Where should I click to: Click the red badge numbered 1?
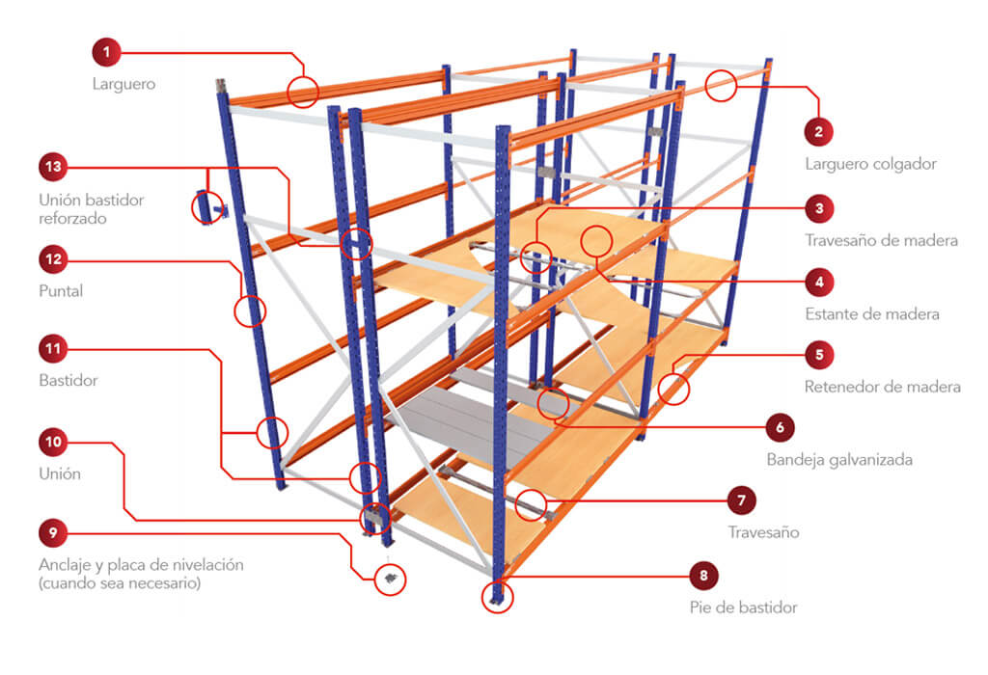pyautogui.click(x=106, y=50)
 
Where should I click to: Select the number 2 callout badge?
pyautogui.click(x=819, y=130)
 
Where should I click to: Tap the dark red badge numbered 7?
pyautogui.click(x=741, y=500)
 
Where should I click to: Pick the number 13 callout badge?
pyautogui.click(x=53, y=168)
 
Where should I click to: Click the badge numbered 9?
pyautogui.click(x=53, y=532)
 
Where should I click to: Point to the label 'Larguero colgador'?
pyautogui.click(x=870, y=164)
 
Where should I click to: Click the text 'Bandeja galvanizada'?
pyautogui.click(x=838, y=460)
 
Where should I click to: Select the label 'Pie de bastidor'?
pyautogui.click(x=743, y=607)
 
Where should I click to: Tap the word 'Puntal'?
pyautogui.click(x=61, y=290)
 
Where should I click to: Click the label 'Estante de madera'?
pyautogui.click(x=871, y=313)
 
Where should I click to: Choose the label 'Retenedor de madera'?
pyautogui.click(x=882, y=387)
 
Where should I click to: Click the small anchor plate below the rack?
pyautogui.click(x=390, y=578)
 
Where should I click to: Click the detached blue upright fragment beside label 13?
pyautogui.click(x=206, y=206)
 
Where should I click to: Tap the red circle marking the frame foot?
pyautogui.click(x=497, y=597)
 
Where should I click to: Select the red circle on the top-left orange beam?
pyautogui.click(x=303, y=92)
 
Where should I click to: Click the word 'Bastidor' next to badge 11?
pyautogui.click(x=69, y=381)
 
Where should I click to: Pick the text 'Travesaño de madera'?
pyautogui.click(x=881, y=240)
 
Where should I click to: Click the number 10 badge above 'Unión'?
pyautogui.click(x=53, y=442)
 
